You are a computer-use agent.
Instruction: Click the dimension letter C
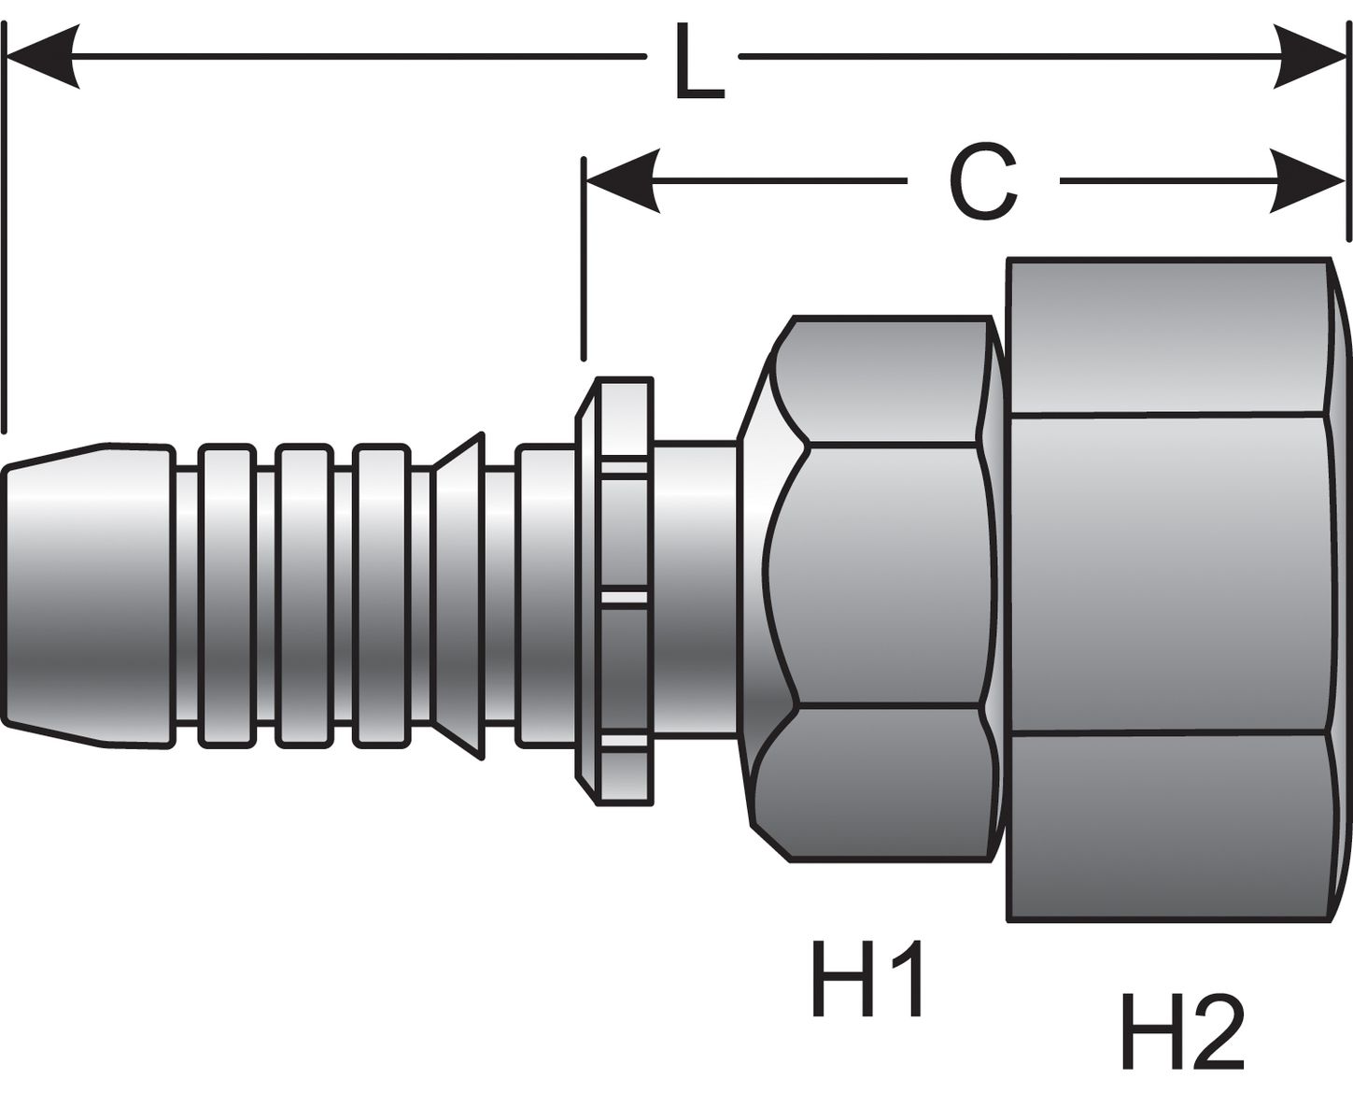click(x=982, y=183)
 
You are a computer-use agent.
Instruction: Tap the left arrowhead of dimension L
click(x=42, y=57)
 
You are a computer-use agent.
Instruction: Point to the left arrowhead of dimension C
click(x=622, y=180)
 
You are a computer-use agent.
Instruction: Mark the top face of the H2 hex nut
click(x=1167, y=336)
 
